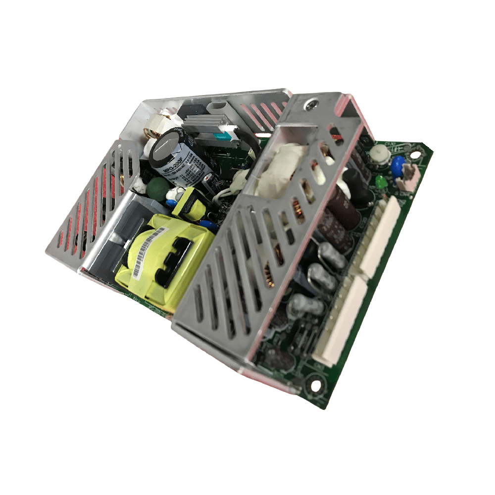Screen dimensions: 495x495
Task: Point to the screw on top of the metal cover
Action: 311,104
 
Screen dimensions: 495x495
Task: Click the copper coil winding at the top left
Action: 148,134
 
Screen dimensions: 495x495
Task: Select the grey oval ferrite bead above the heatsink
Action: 218,108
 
